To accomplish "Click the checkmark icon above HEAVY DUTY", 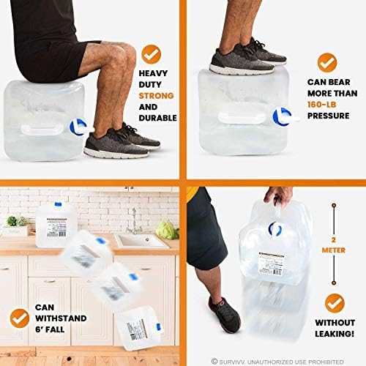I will click(152, 53).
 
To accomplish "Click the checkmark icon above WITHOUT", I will click(335, 302).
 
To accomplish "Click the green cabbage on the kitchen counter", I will click(168, 230).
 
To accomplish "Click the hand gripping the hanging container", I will click(275, 195).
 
